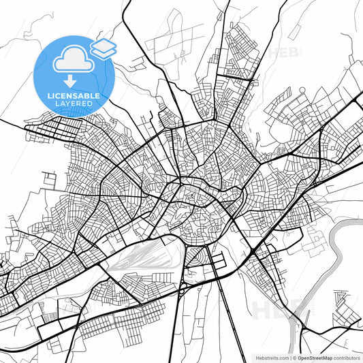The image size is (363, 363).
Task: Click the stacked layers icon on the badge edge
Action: pyautogui.click(x=104, y=48)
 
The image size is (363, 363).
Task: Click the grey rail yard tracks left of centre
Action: pyautogui.click(x=146, y=255)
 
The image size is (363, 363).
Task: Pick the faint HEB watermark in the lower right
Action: pyautogui.click(x=272, y=310)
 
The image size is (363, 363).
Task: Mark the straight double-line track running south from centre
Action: pyautogui.click(x=219, y=306)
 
